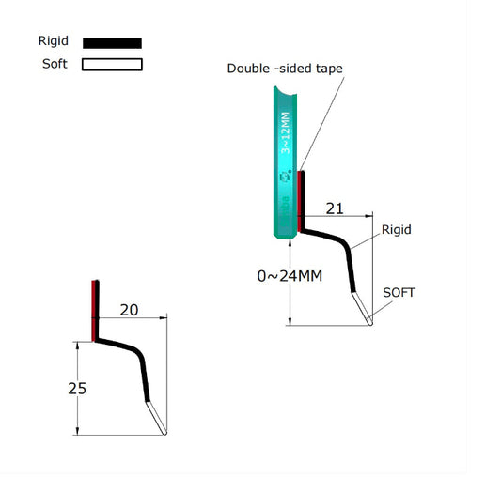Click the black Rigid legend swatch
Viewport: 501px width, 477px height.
(112, 42)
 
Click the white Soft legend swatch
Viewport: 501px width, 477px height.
(112, 65)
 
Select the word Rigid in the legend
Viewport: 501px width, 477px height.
(53, 41)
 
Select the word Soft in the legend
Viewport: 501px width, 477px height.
(55, 64)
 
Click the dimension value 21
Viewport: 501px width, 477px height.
(334, 207)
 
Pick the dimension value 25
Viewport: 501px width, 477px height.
(77, 388)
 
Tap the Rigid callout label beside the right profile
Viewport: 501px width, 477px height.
(397, 229)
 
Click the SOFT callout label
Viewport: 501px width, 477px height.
(399, 293)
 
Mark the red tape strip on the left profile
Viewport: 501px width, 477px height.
(94, 310)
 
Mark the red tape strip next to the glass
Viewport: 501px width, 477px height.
(300, 200)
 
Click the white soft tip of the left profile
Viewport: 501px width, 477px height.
(157, 418)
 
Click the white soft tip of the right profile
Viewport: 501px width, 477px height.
(363, 309)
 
